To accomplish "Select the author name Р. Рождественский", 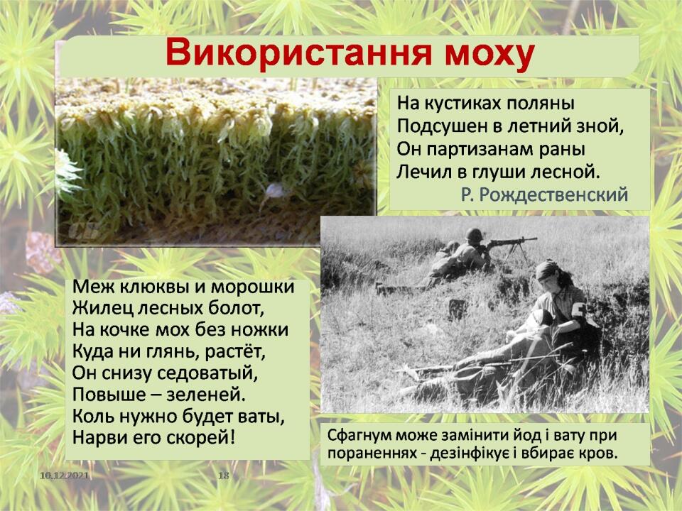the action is (545, 194).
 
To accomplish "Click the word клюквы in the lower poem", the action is (163, 287).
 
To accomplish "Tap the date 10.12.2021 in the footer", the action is (63, 476).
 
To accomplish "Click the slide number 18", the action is (224, 476).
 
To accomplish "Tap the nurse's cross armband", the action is (578, 311).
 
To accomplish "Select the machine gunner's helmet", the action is (475, 235).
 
